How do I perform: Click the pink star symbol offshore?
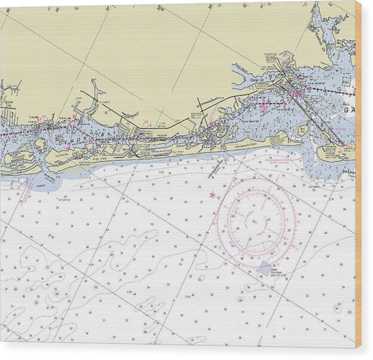coord(212,195)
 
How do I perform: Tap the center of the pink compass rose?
coord(257,222)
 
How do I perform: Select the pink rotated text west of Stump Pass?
coord(28,189)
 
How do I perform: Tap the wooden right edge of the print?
coord(358,175)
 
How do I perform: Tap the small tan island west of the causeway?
coord(302,130)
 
